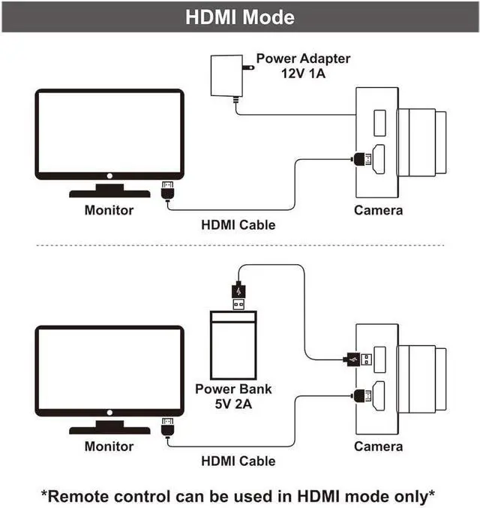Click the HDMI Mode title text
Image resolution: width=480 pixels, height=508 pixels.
click(x=240, y=17)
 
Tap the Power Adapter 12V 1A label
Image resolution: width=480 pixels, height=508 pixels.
click(x=303, y=66)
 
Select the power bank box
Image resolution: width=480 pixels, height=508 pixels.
click(x=233, y=347)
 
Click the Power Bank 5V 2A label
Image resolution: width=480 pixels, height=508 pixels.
click(x=233, y=395)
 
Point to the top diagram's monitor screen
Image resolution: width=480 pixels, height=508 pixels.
click(x=109, y=134)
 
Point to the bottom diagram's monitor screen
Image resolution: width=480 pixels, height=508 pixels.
click(x=109, y=369)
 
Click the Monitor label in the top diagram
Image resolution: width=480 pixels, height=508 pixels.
click(x=109, y=211)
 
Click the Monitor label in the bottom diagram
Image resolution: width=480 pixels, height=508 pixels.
click(x=109, y=446)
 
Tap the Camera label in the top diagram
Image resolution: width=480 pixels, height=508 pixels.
click(x=378, y=211)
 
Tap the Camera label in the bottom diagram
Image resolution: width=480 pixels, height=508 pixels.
click(x=378, y=446)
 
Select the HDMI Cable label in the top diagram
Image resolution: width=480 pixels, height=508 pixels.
click(x=238, y=225)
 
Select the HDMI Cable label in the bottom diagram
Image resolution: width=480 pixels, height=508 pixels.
click(x=238, y=461)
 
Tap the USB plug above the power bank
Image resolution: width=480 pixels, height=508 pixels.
click(x=237, y=294)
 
